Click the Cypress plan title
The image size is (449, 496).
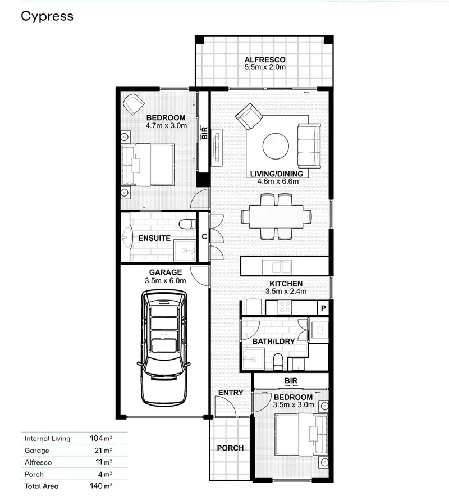[x=47, y=16]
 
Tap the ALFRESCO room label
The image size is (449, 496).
[x=265, y=60]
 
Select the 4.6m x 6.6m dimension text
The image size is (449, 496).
[x=278, y=181]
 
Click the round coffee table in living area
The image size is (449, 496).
[x=276, y=146]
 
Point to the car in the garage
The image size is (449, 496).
[x=164, y=348]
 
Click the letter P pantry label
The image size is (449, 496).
[x=323, y=308]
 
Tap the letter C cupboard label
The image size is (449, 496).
[x=204, y=236]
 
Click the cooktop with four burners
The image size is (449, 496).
[x=285, y=307]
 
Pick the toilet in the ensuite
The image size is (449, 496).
[x=187, y=224]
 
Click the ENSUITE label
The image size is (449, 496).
[x=154, y=238]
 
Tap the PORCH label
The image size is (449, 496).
[x=230, y=448]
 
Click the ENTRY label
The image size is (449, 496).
[x=231, y=392]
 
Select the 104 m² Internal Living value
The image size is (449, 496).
[x=101, y=438]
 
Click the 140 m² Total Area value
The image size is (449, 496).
[x=101, y=485]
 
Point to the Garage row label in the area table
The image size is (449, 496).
[x=36, y=451]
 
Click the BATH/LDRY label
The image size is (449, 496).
[x=274, y=342]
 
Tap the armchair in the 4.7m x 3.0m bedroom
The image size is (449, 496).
[x=134, y=104]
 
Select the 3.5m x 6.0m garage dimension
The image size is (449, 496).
[x=165, y=280]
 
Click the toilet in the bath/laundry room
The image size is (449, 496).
[x=278, y=362]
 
